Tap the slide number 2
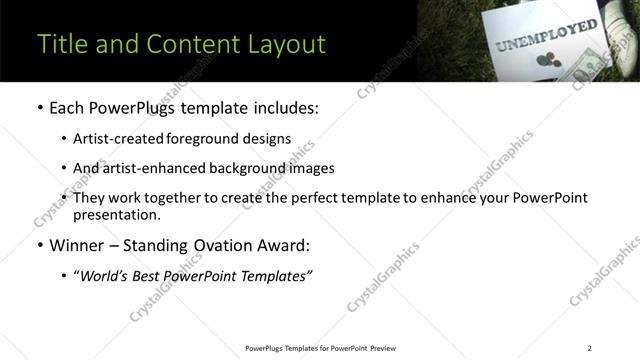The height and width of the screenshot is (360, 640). (589, 348)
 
